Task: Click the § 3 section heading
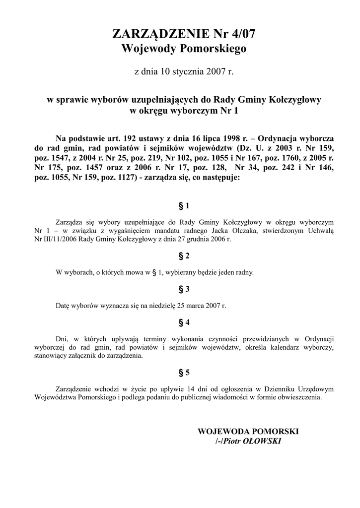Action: tap(184, 288)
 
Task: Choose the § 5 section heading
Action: tap(184, 372)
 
